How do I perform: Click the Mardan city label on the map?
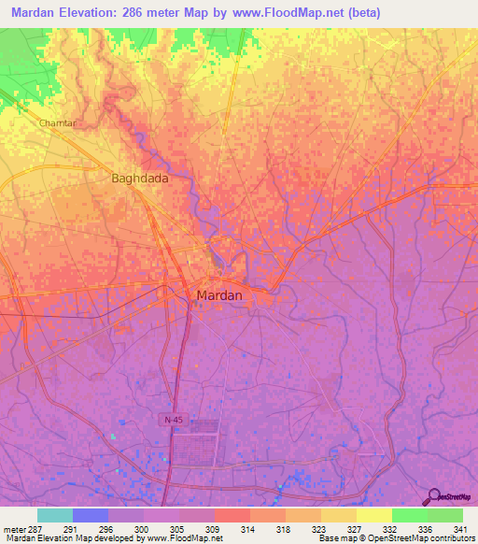pyautogui.click(x=219, y=295)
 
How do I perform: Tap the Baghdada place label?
pyautogui.click(x=140, y=178)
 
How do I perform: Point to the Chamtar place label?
pyautogui.click(x=57, y=123)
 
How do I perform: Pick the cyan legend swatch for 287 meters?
pyautogui.click(x=55, y=515)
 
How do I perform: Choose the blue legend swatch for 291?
pyautogui.click(x=91, y=515)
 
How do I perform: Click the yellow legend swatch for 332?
pyautogui.click(x=374, y=515)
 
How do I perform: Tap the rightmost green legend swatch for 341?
pyautogui.click(x=445, y=515)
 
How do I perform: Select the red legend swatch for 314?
pyautogui.click(x=232, y=515)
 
